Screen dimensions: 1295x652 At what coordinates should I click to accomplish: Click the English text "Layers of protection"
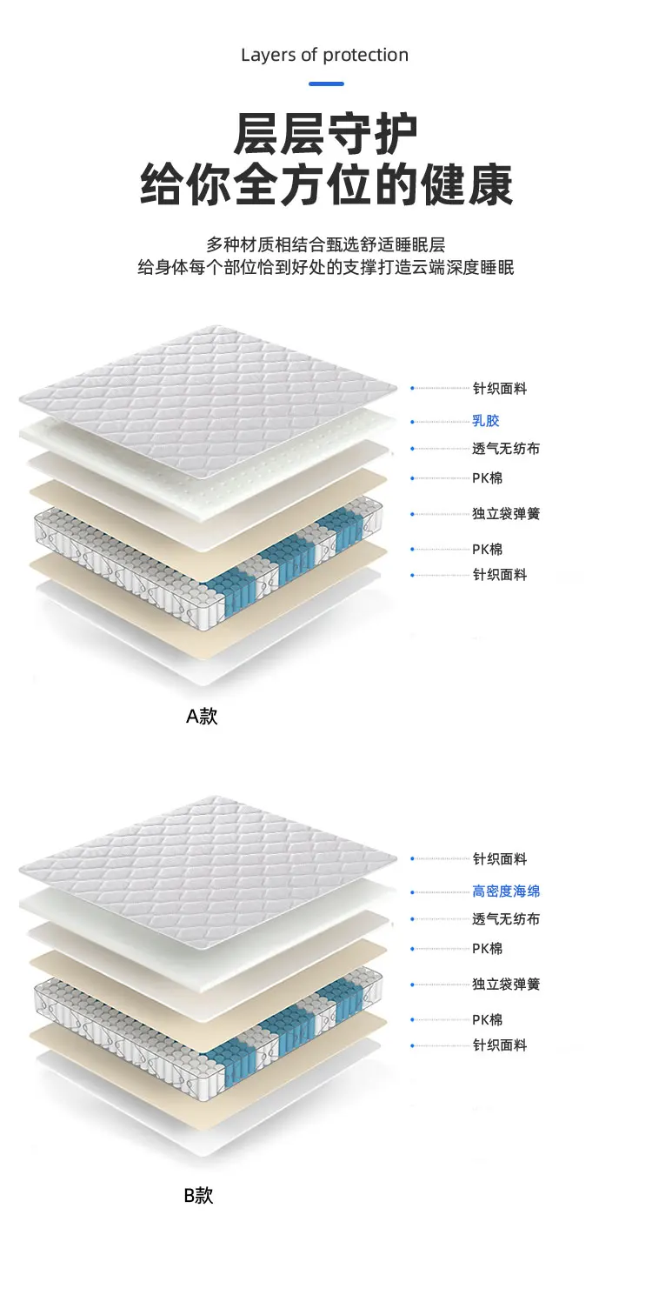point(325,55)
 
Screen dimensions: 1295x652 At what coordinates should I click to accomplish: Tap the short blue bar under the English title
point(326,83)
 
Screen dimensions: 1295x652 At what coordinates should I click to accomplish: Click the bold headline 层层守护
point(326,134)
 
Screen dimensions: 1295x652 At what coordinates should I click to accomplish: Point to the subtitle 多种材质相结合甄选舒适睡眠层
point(326,244)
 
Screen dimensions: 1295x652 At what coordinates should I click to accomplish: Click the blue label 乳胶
point(486,421)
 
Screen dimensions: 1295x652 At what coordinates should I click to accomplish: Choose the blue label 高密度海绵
point(506,891)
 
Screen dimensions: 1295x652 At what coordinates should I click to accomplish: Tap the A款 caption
point(202,717)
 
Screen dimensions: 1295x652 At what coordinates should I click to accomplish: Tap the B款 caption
point(198,1195)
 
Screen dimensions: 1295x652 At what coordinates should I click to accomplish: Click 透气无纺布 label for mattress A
point(506,449)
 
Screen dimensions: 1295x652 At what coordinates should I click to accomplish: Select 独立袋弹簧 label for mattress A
point(506,514)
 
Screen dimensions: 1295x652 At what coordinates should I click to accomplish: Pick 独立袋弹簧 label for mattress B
point(506,985)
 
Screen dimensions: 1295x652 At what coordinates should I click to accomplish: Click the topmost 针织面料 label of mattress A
point(500,389)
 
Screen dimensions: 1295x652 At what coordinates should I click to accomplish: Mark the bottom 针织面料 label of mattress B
point(500,1045)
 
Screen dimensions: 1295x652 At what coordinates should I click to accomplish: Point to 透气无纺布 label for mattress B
point(506,919)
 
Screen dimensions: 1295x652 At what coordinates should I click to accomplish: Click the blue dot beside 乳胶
point(413,422)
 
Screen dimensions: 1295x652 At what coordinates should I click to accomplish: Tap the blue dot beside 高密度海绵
point(413,892)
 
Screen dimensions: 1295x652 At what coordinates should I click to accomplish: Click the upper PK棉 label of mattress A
point(488,478)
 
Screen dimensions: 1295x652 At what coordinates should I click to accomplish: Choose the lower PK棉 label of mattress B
point(488,1019)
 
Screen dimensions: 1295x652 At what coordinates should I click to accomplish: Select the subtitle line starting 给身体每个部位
point(326,267)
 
